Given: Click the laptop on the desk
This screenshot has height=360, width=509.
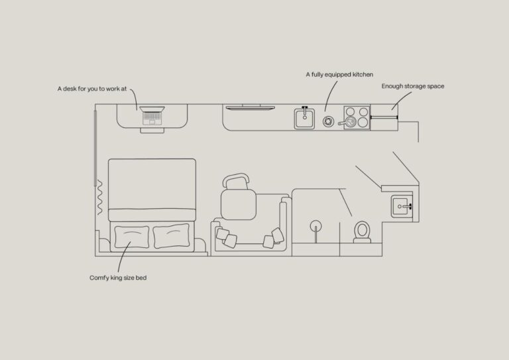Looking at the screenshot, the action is pyautogui.click(x=152, y=115).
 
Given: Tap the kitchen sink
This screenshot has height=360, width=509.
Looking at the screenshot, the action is pyautogui.click(x=304, y=118).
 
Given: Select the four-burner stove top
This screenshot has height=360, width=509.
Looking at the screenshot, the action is pyautogui.click(x=357, y=117).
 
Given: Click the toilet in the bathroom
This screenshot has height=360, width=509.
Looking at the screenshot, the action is pyautogui.click(x=362, y=233).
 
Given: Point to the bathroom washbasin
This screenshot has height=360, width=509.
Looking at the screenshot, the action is pyautogui.click(x=402, y=206).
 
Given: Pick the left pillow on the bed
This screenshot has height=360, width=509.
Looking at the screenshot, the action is pyautogui.click(x=131, y=237).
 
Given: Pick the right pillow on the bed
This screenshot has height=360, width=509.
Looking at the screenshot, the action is pyautogui.click(x=172, y=236).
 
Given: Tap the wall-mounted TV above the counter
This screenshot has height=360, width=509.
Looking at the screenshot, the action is pyautogui.click(x=251, y=107).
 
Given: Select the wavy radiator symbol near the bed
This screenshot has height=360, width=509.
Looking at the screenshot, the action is pyautogui.click(x=100, y=198).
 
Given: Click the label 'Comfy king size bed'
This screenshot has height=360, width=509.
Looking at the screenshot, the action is pyautogui.click(x=118, y=278).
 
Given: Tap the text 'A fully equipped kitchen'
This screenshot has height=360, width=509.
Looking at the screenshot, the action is pyautogui.click(x=339, y=75).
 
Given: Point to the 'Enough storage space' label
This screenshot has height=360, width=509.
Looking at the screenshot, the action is pyautogui.click(x=413, y=86).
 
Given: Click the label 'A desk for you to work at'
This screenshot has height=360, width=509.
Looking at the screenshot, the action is pyautogui.click(x=92, y=89).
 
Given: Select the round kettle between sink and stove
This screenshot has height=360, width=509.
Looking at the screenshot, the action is pyautogui.click(x=328, y=121).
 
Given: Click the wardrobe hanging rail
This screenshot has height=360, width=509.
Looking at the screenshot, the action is pyautogui.click(x=384, y=117).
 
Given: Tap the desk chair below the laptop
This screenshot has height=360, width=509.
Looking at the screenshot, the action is pyautogui.click(x=152, y=130).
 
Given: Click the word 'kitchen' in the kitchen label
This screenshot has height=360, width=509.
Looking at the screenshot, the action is pyautogui.click(x=363, y=74).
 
